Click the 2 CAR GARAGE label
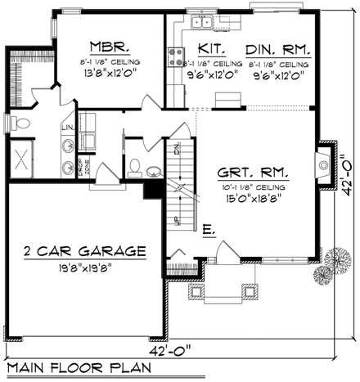point(85,250)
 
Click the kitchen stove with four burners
point(176,56)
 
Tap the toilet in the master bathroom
point(22,124)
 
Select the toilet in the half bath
point(136,167)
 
